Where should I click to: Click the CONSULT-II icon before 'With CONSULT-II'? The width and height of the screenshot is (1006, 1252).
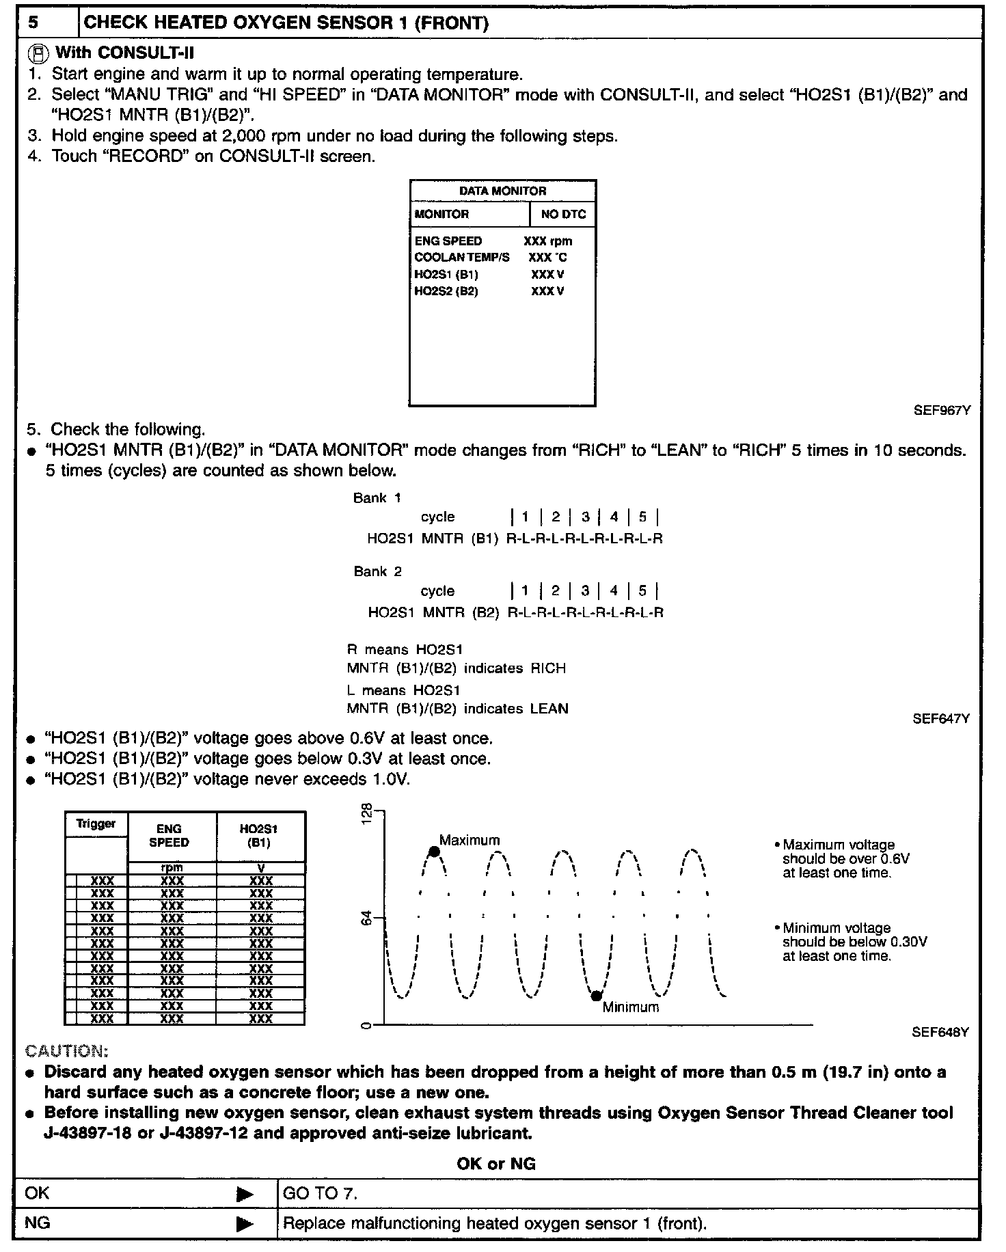(x=40, y=53)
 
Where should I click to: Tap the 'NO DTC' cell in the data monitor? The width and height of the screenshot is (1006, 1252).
(x=563, y=214)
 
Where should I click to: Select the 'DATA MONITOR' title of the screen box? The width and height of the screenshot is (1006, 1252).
(x=502, y=191)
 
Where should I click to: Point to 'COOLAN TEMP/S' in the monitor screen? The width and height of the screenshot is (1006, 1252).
(x=462, y=258)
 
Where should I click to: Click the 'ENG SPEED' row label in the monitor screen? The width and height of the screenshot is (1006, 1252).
(x=448, y=241)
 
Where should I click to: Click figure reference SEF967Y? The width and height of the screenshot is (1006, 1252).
(x=942, y=411)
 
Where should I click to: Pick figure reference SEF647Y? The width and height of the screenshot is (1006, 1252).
(x=941, y=719)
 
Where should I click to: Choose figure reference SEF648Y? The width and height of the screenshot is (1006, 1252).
(x=940, y=1033)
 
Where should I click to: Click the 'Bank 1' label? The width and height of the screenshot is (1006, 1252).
(x=377, y=498)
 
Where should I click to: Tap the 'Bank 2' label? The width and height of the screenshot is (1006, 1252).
(x=378, y=571)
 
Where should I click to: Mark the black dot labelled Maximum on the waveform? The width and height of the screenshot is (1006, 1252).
(x=433, y=852)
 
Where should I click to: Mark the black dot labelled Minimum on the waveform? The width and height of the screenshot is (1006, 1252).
(x=596, y=996)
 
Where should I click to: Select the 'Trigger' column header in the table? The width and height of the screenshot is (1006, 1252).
(x=96, y=824)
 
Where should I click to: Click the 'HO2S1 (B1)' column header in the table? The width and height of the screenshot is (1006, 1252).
(x=260, y=835)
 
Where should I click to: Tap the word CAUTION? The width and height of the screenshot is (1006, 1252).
(x=66, y=1050)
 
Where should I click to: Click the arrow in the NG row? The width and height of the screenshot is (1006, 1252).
(x=244, y=1223)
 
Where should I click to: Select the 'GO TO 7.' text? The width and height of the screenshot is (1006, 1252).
(x=320, y=1194)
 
